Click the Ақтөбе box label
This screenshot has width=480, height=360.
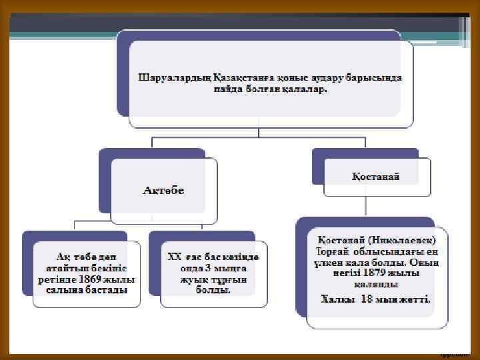pyautogui.click(x=164, y=191)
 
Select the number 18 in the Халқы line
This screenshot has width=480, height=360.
pyautogui.click(x=365, y=299)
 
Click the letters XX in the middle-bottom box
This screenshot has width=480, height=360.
pyautogui.click(x=175, y=257)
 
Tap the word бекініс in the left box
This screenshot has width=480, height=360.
pyautogui.click(x=115, y=267)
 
